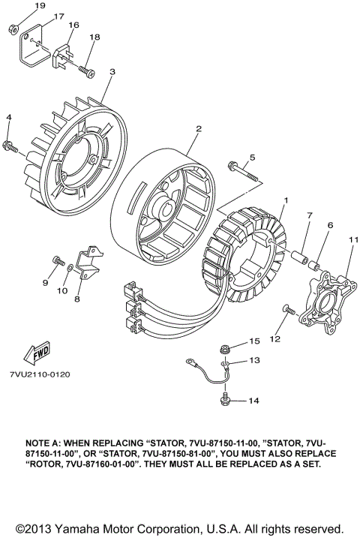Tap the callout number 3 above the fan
[112, 72]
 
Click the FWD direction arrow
[35, 353]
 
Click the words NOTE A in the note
[46, 443]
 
